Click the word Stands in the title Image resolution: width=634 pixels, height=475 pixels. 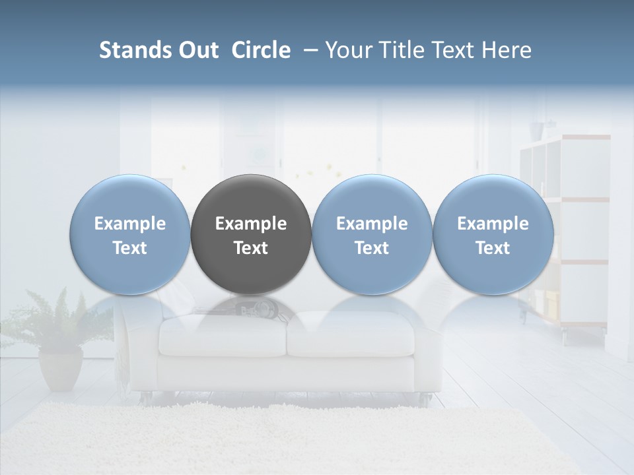[x=131, y=50]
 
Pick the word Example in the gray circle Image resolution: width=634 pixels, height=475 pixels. [x=251, y=224]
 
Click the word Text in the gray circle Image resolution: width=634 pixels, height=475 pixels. [x=251, y=248]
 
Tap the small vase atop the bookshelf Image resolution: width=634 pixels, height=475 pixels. [x=534, y=130]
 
